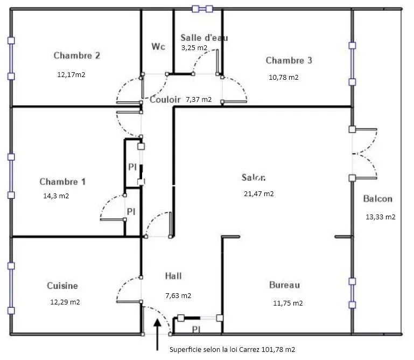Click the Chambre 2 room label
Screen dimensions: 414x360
click(77, 56)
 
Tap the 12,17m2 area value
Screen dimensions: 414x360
click(71, 75)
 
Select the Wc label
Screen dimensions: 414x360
click(158, 46)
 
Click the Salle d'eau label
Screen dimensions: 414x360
click(204, 38)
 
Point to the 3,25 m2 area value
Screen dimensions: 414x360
click(194, 48)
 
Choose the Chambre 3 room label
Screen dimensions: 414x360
click(289, 60)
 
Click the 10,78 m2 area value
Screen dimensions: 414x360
click(284, 78)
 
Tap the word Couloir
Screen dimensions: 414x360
click(165, 100)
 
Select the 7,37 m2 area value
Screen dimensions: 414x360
click(199, 99)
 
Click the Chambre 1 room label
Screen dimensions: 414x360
click(62, 182)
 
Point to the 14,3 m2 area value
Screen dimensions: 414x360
click(56, 196)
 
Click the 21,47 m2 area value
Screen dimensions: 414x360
click(259, 194)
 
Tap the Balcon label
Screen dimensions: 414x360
click(377, 199)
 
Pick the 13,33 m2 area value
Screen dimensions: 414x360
click(381, 217)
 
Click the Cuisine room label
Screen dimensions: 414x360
click(62, 286)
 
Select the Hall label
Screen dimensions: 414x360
click(173, 276)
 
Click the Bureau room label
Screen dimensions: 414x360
click(284, 285)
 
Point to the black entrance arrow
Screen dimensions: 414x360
click(157, 335)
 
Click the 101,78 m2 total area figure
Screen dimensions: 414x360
click(278, 350)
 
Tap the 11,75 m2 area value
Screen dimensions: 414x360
click(288, 303)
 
